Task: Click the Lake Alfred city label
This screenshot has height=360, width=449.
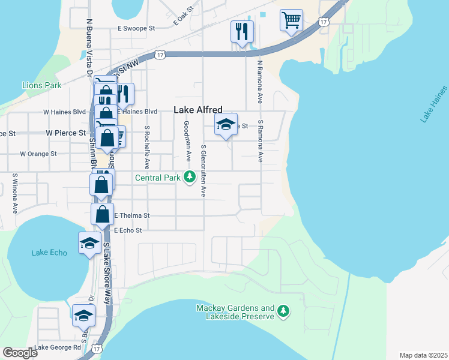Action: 198,110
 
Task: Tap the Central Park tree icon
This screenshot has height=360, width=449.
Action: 190,177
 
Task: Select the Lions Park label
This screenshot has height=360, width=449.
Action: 42,85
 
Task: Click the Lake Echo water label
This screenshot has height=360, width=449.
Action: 49,253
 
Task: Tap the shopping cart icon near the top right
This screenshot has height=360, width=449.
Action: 291,20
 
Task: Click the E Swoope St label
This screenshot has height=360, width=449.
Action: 136,28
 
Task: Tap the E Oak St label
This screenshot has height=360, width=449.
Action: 184,15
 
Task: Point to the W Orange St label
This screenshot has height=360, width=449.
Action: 38,154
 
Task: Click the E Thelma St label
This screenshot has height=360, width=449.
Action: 131,215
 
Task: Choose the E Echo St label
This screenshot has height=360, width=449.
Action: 128,230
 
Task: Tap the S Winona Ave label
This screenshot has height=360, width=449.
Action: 15,194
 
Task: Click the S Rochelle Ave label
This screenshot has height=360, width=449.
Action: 146,148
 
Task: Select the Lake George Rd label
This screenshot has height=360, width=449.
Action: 58,347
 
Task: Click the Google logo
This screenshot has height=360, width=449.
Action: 20,353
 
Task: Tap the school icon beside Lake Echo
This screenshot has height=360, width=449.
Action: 89,244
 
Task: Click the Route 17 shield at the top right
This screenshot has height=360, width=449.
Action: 324,22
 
